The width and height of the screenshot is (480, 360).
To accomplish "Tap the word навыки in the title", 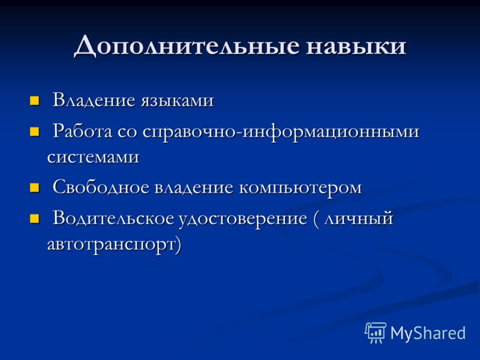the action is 356,46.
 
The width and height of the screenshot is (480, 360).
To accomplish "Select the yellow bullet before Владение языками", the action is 34,100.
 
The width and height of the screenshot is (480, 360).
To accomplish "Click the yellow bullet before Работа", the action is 34,131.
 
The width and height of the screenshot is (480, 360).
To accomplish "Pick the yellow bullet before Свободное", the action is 34,187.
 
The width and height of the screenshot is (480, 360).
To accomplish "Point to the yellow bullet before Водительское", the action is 34,218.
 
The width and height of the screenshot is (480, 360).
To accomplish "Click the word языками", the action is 177,101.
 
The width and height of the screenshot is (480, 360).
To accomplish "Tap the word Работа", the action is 82,131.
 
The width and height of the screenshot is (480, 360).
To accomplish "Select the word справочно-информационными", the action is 281,132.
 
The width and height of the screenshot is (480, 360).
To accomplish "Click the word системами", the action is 94,157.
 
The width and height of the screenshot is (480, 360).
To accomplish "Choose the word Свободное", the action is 101,187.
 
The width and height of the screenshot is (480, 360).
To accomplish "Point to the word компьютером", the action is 301,188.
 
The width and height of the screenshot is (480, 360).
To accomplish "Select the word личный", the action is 358,219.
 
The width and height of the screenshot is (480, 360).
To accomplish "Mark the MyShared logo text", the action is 428,333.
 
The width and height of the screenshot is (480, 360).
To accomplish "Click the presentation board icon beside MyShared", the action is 376,332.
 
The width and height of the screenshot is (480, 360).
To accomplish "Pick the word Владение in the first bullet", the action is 94,100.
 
